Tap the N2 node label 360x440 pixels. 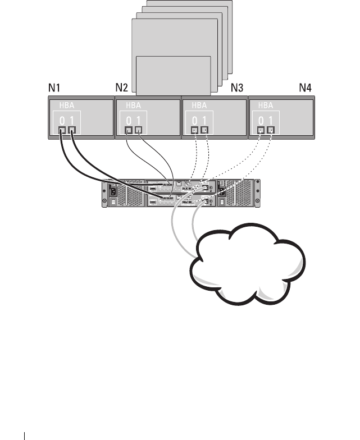121,88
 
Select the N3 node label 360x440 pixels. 237,88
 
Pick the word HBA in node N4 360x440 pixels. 265,105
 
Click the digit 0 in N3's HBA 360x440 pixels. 195,120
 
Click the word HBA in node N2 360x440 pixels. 134,105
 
